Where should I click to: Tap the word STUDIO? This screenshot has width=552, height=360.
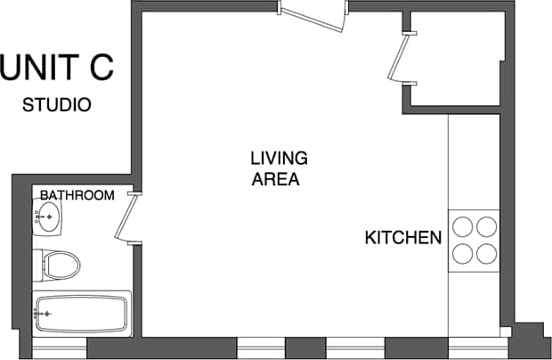(x=57, y=105)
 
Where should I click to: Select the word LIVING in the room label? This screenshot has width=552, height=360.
(x=278, y=159)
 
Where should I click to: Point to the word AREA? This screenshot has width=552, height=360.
(x=275, y=179)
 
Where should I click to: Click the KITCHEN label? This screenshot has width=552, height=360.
(x=403, y=238)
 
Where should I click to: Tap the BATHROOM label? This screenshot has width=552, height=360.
(x=77, y=195)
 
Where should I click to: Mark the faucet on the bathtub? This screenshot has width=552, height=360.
(x=44, y=314)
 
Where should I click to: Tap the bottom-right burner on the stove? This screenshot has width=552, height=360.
(x=486, y=253)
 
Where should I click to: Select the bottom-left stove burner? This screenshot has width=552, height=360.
(x=463, y=253)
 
